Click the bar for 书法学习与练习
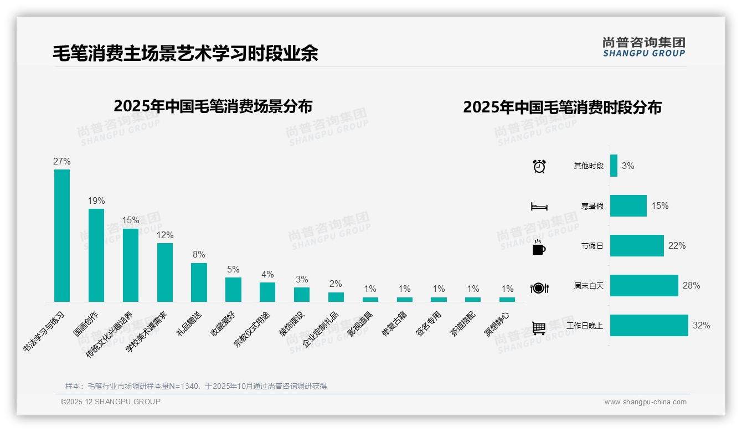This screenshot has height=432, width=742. click(x=62, y=235)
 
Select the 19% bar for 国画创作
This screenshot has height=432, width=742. click(x=96, y=255)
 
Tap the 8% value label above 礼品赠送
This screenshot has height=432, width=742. click(x=199, y=255)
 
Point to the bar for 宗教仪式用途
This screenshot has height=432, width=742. click(x=267, y=292)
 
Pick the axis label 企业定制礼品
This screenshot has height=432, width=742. click(x=321, y=330)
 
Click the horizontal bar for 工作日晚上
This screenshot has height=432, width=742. click(x=649, y=326)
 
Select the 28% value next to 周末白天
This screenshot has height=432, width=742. click(x=691, y=286)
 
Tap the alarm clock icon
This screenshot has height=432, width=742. click(x=539, y=166)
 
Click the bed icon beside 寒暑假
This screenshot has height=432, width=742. click(x=539, y=206)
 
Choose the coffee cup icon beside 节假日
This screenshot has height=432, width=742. click(x=539, y=246)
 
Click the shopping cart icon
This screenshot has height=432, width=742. click(x=539, y=328)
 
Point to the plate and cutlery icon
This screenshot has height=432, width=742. click(x=539, y=288)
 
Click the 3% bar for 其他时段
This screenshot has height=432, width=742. click(x=614, y=166)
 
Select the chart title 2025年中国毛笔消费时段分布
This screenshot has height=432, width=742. click(x=562, y=107)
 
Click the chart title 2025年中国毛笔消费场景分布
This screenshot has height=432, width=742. click(x=213, y=106)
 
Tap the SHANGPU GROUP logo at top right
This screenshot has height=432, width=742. click(x=643, y=47)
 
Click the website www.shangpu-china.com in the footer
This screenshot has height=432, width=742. click(x=645, y=402)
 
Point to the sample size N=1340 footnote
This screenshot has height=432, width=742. click(x=196, y=386)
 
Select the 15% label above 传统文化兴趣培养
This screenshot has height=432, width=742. click(x=131, y=220)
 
